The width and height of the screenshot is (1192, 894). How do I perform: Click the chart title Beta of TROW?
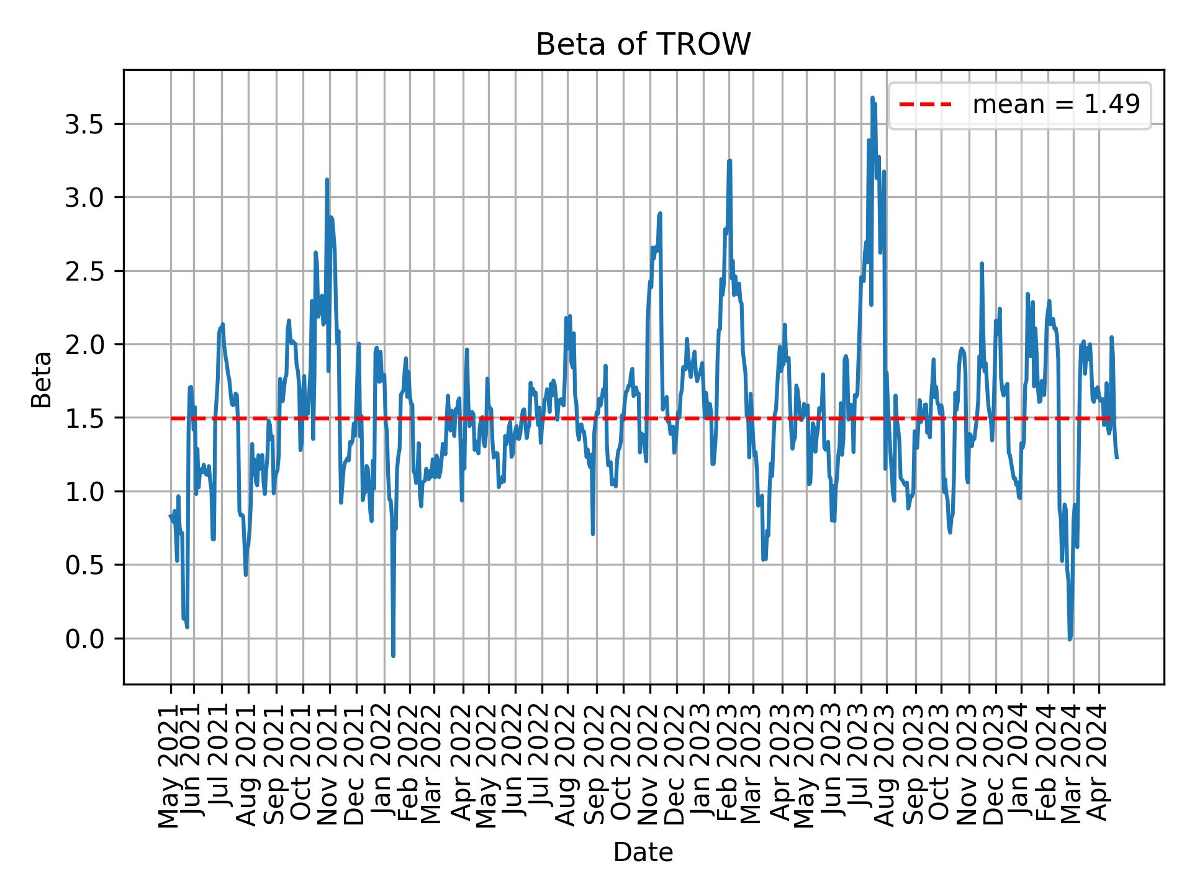click(643, 45)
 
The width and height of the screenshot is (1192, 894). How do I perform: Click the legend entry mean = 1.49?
click(1055, 105)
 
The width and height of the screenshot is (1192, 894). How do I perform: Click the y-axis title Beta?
click(42, 379)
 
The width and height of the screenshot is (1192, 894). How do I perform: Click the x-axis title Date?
click(643, 852)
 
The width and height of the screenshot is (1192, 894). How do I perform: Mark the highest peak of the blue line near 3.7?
click(872, 98)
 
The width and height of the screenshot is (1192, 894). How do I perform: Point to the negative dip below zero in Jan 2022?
click(393, 655)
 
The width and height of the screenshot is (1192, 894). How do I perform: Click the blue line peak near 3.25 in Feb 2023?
click(729, 161)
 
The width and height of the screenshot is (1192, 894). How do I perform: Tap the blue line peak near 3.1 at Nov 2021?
click(327, 180)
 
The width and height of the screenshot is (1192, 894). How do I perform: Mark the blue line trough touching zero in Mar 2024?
click(1070, 638)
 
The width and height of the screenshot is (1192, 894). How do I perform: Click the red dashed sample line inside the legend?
click(925, 105)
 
